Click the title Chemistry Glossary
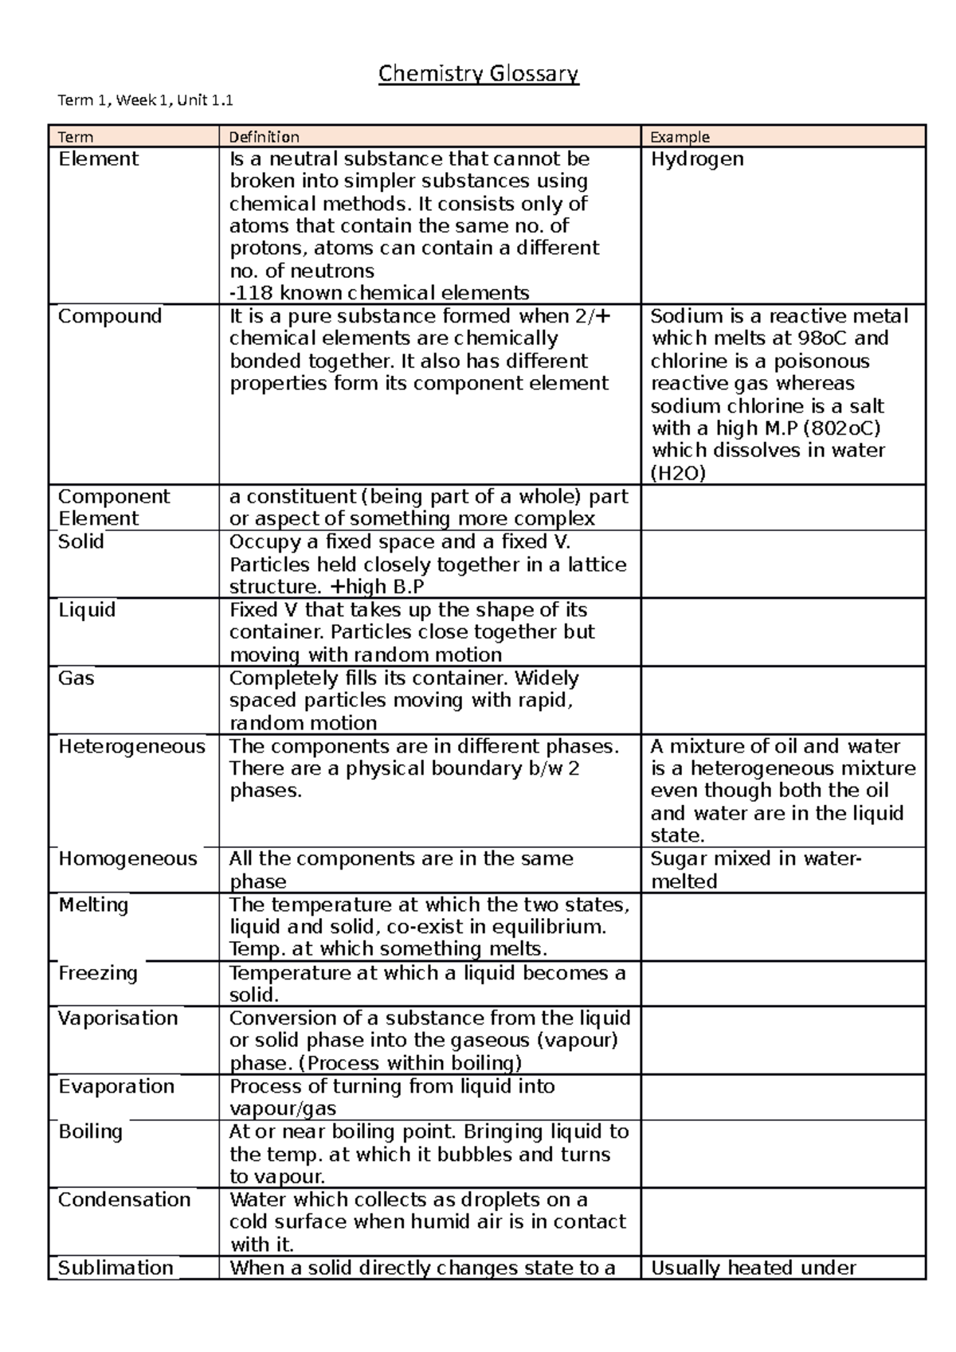coord(478,75)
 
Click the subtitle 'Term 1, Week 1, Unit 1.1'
coord(146,100)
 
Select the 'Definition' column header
coord(264,137)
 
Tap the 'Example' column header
coord(680,137)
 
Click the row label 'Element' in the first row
coord(98,159)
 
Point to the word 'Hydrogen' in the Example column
coord(697,159)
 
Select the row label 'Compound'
coord(110,316)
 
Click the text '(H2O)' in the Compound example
coord(678,474)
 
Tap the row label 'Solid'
coord(81,541)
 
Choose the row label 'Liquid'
coord(87,610)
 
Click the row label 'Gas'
coord(76,678)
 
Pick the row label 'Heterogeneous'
coord(131,747)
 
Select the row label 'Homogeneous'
coord(127,859)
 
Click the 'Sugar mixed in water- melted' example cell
coord(754,869)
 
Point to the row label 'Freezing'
coord(98,973)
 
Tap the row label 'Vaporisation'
coord(118,1018)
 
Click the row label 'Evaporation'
coord(116,1087)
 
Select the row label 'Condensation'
coord(124,1200)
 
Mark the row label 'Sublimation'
coord(116,1268)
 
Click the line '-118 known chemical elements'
coord(379,293)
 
